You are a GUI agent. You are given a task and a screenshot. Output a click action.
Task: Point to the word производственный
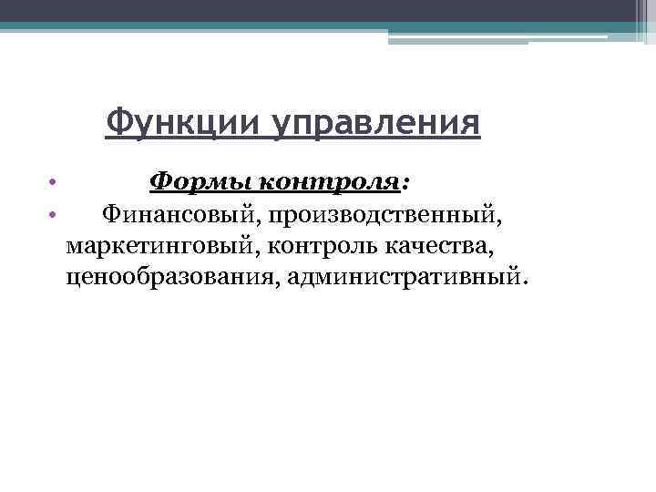(x=383, y=215)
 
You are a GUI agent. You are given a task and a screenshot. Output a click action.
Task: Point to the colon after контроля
(x=405, y=184)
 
